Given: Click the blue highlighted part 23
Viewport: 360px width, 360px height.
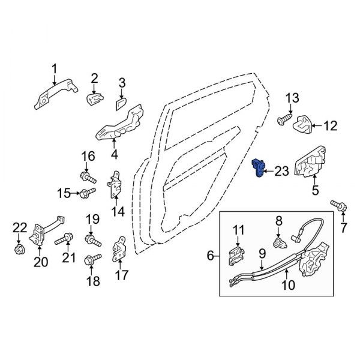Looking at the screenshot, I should (x=259, y=169).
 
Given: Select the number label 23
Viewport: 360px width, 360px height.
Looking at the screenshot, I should (x=281, y=172).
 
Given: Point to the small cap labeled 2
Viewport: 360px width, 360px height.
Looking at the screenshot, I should (x=95, y=99).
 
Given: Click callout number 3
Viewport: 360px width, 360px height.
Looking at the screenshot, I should (x=121, y=83).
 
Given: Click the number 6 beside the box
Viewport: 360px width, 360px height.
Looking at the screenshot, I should (x=211, y=256).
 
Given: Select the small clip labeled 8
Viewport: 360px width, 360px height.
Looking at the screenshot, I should (x=279, y=243).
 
